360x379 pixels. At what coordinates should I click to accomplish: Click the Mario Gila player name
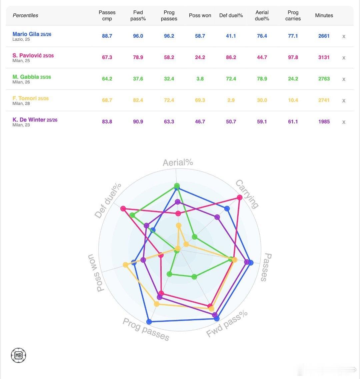pos(26,34)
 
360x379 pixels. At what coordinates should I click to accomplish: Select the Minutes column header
pos(324,15)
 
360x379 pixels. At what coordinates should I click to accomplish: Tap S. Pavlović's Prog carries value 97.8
pos(293,57)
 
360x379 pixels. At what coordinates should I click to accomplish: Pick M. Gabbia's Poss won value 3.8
pos(200,79)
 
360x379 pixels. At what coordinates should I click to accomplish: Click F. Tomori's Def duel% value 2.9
pos(231,100)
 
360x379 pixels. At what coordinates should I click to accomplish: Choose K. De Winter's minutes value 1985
pos(324,121)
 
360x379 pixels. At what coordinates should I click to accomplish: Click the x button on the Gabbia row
pos(344,79)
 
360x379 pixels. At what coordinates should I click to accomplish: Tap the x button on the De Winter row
pos(344,122)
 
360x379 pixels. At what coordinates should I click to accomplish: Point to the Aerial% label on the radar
pos(178,162)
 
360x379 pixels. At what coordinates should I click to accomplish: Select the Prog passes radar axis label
pos(146,329)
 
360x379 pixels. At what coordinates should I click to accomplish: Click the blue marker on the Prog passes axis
pos(149,322)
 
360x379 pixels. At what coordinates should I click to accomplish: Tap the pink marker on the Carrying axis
pos(239,198)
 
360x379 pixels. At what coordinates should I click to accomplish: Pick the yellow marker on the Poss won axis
pos(125,265)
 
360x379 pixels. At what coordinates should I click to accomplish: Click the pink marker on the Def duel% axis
pos(123,209)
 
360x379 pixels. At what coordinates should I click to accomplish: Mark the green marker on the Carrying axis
pos(195,237)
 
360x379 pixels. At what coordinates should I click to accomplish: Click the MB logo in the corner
pos(18,355)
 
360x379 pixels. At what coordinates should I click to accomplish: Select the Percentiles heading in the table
pos(25,15)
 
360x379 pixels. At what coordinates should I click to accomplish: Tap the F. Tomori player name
pos(25,98)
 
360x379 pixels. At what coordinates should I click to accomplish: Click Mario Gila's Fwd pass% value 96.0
pos(138,36)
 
